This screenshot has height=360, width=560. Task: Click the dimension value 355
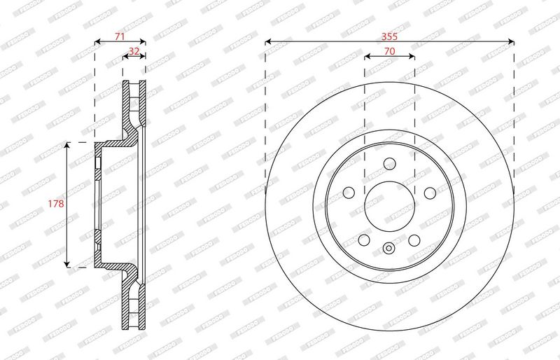(389, 36)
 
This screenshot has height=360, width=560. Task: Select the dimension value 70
(390, 52)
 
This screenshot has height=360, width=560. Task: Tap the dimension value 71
(120, 36)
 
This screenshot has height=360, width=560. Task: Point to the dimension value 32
(134, 52)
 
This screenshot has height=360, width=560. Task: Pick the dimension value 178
(56, 204)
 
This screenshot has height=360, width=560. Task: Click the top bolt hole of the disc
(390, 164)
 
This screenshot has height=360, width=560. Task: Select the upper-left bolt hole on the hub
(349, 193)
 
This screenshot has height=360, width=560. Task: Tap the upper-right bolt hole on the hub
(430, 193)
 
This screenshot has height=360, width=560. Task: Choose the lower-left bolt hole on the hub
(364, 240)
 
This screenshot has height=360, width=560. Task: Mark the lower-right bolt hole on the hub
(414, 240)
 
